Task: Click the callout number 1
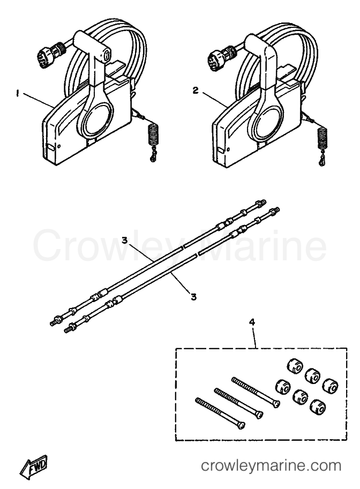tap(18, 94)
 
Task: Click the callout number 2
tap(196, 91)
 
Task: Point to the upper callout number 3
tap(124, 240)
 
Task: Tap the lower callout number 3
tap(194, 297)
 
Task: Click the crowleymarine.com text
tap(271, 466)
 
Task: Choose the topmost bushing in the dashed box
tap(294, 365)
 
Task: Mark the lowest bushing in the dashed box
tap(317, 406)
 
